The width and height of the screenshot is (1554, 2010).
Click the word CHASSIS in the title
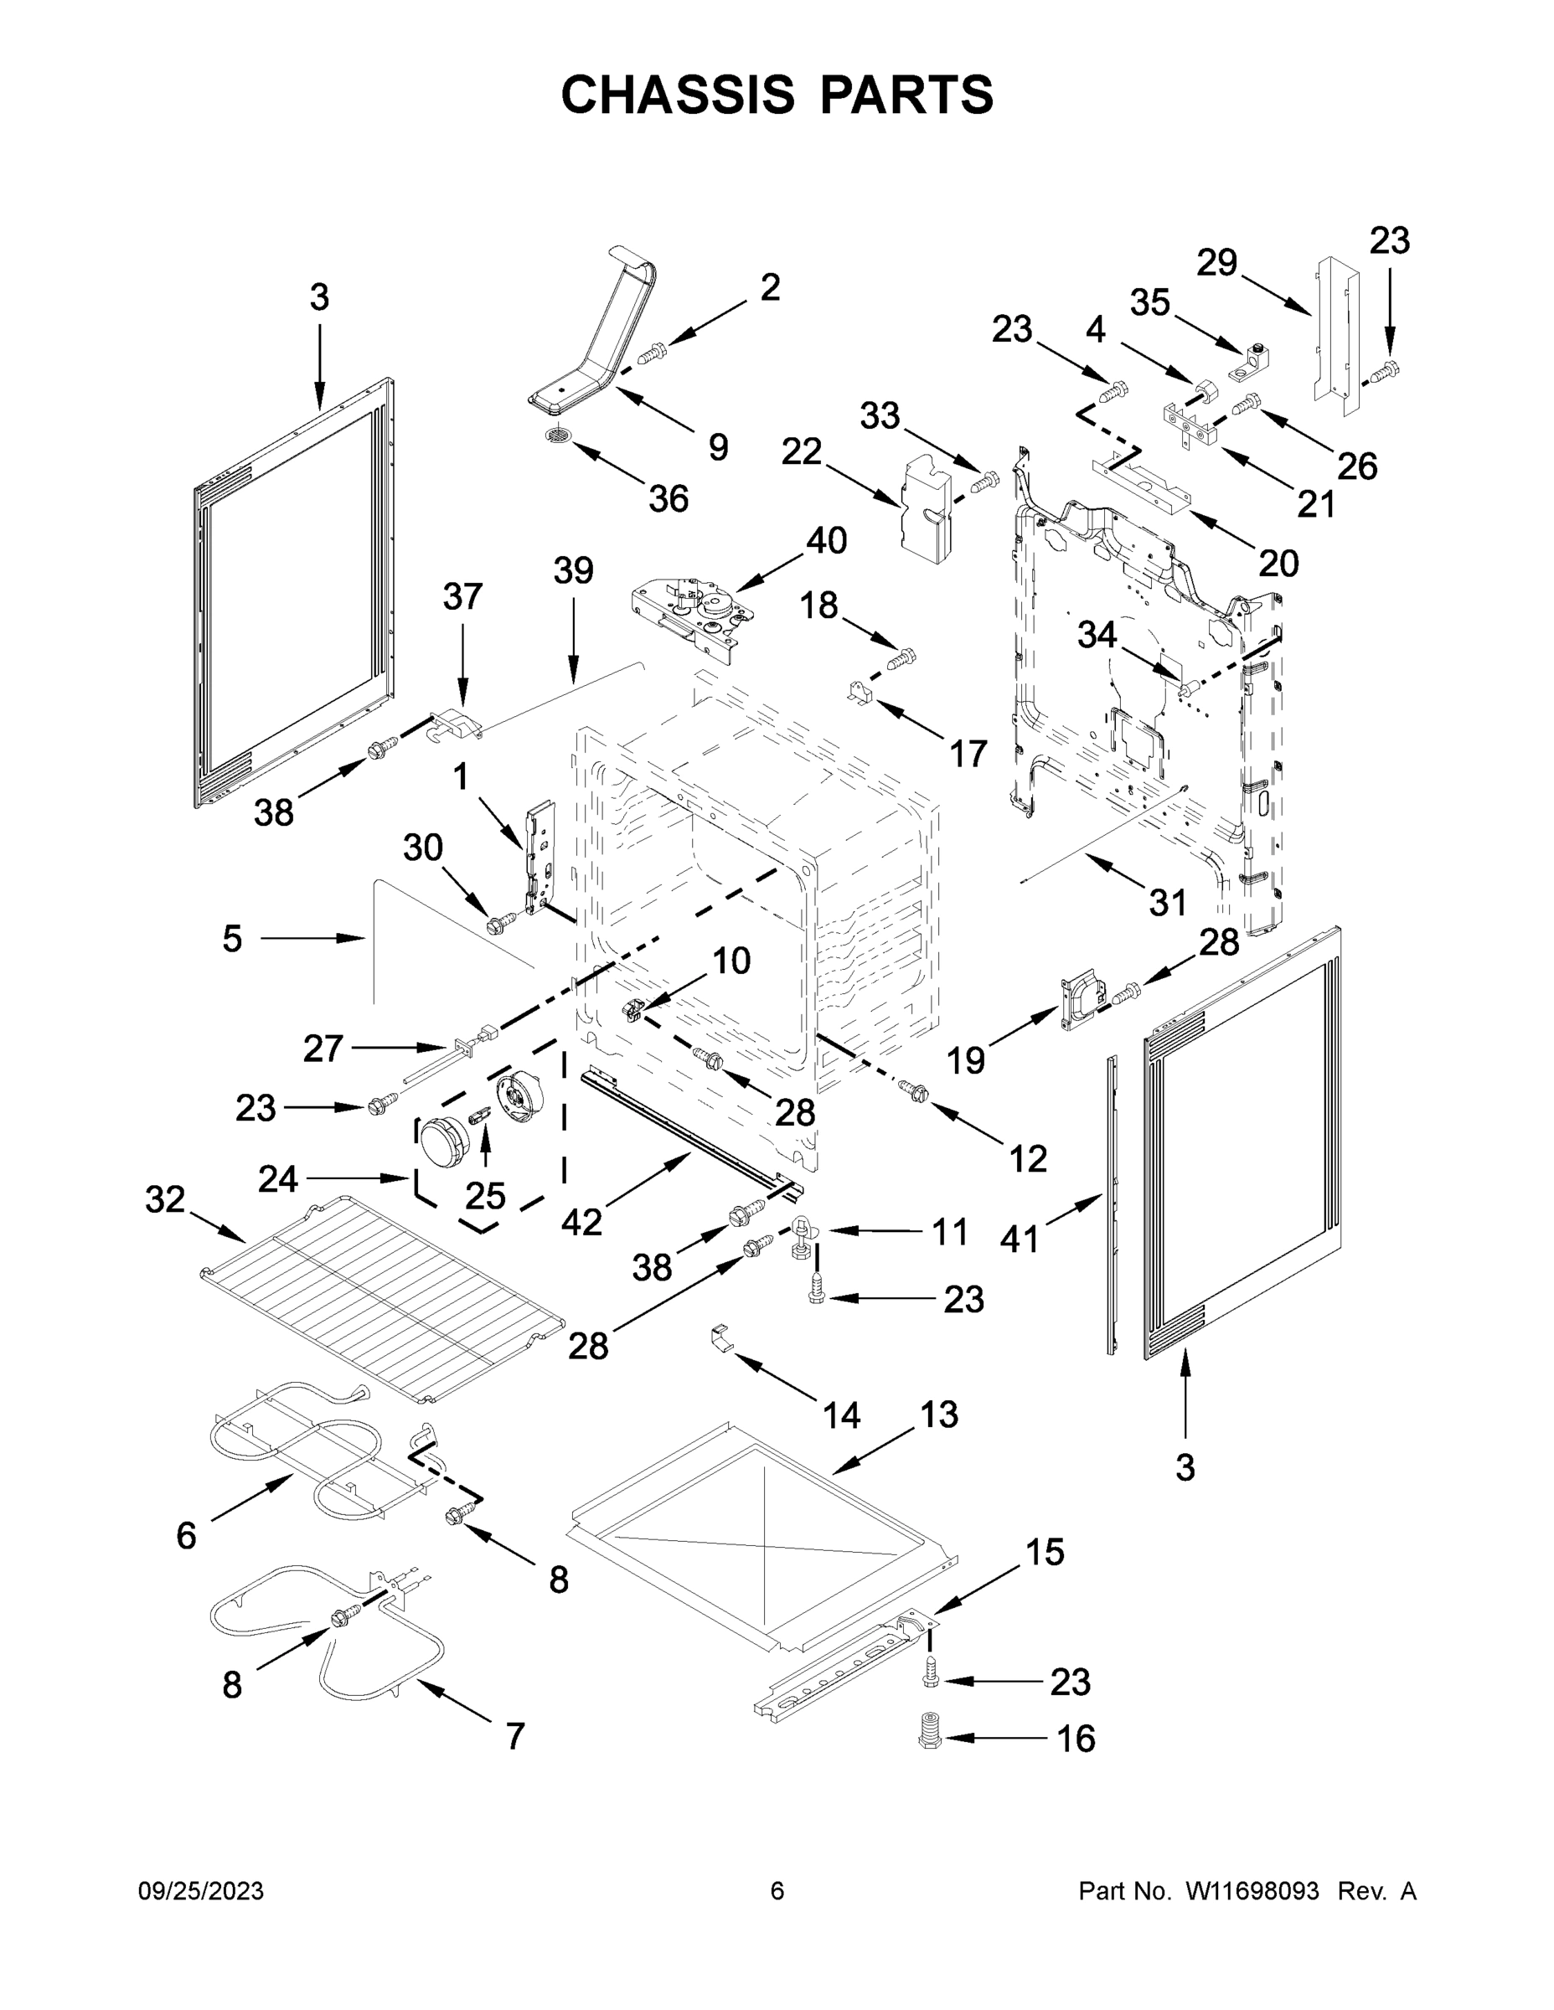[678, 95]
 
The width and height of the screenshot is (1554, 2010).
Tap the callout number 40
[826, 540]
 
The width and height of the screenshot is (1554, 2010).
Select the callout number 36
[669, 499]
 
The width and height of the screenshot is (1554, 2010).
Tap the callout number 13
[938, 1414]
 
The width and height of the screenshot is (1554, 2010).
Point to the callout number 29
[1217, 263]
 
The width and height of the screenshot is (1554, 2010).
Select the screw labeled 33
[985, 481]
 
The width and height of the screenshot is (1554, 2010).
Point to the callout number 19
[966, 1060]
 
